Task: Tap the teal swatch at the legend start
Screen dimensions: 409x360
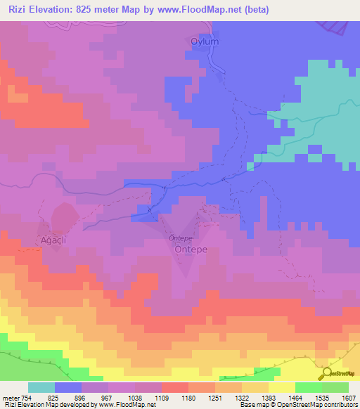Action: click(x=41, y=387)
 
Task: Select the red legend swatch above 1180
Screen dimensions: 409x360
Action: click(x=175, y=387)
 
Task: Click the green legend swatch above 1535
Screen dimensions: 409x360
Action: click(x=309, y=387)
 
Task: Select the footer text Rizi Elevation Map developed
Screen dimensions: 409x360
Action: click(x=49, y=405)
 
